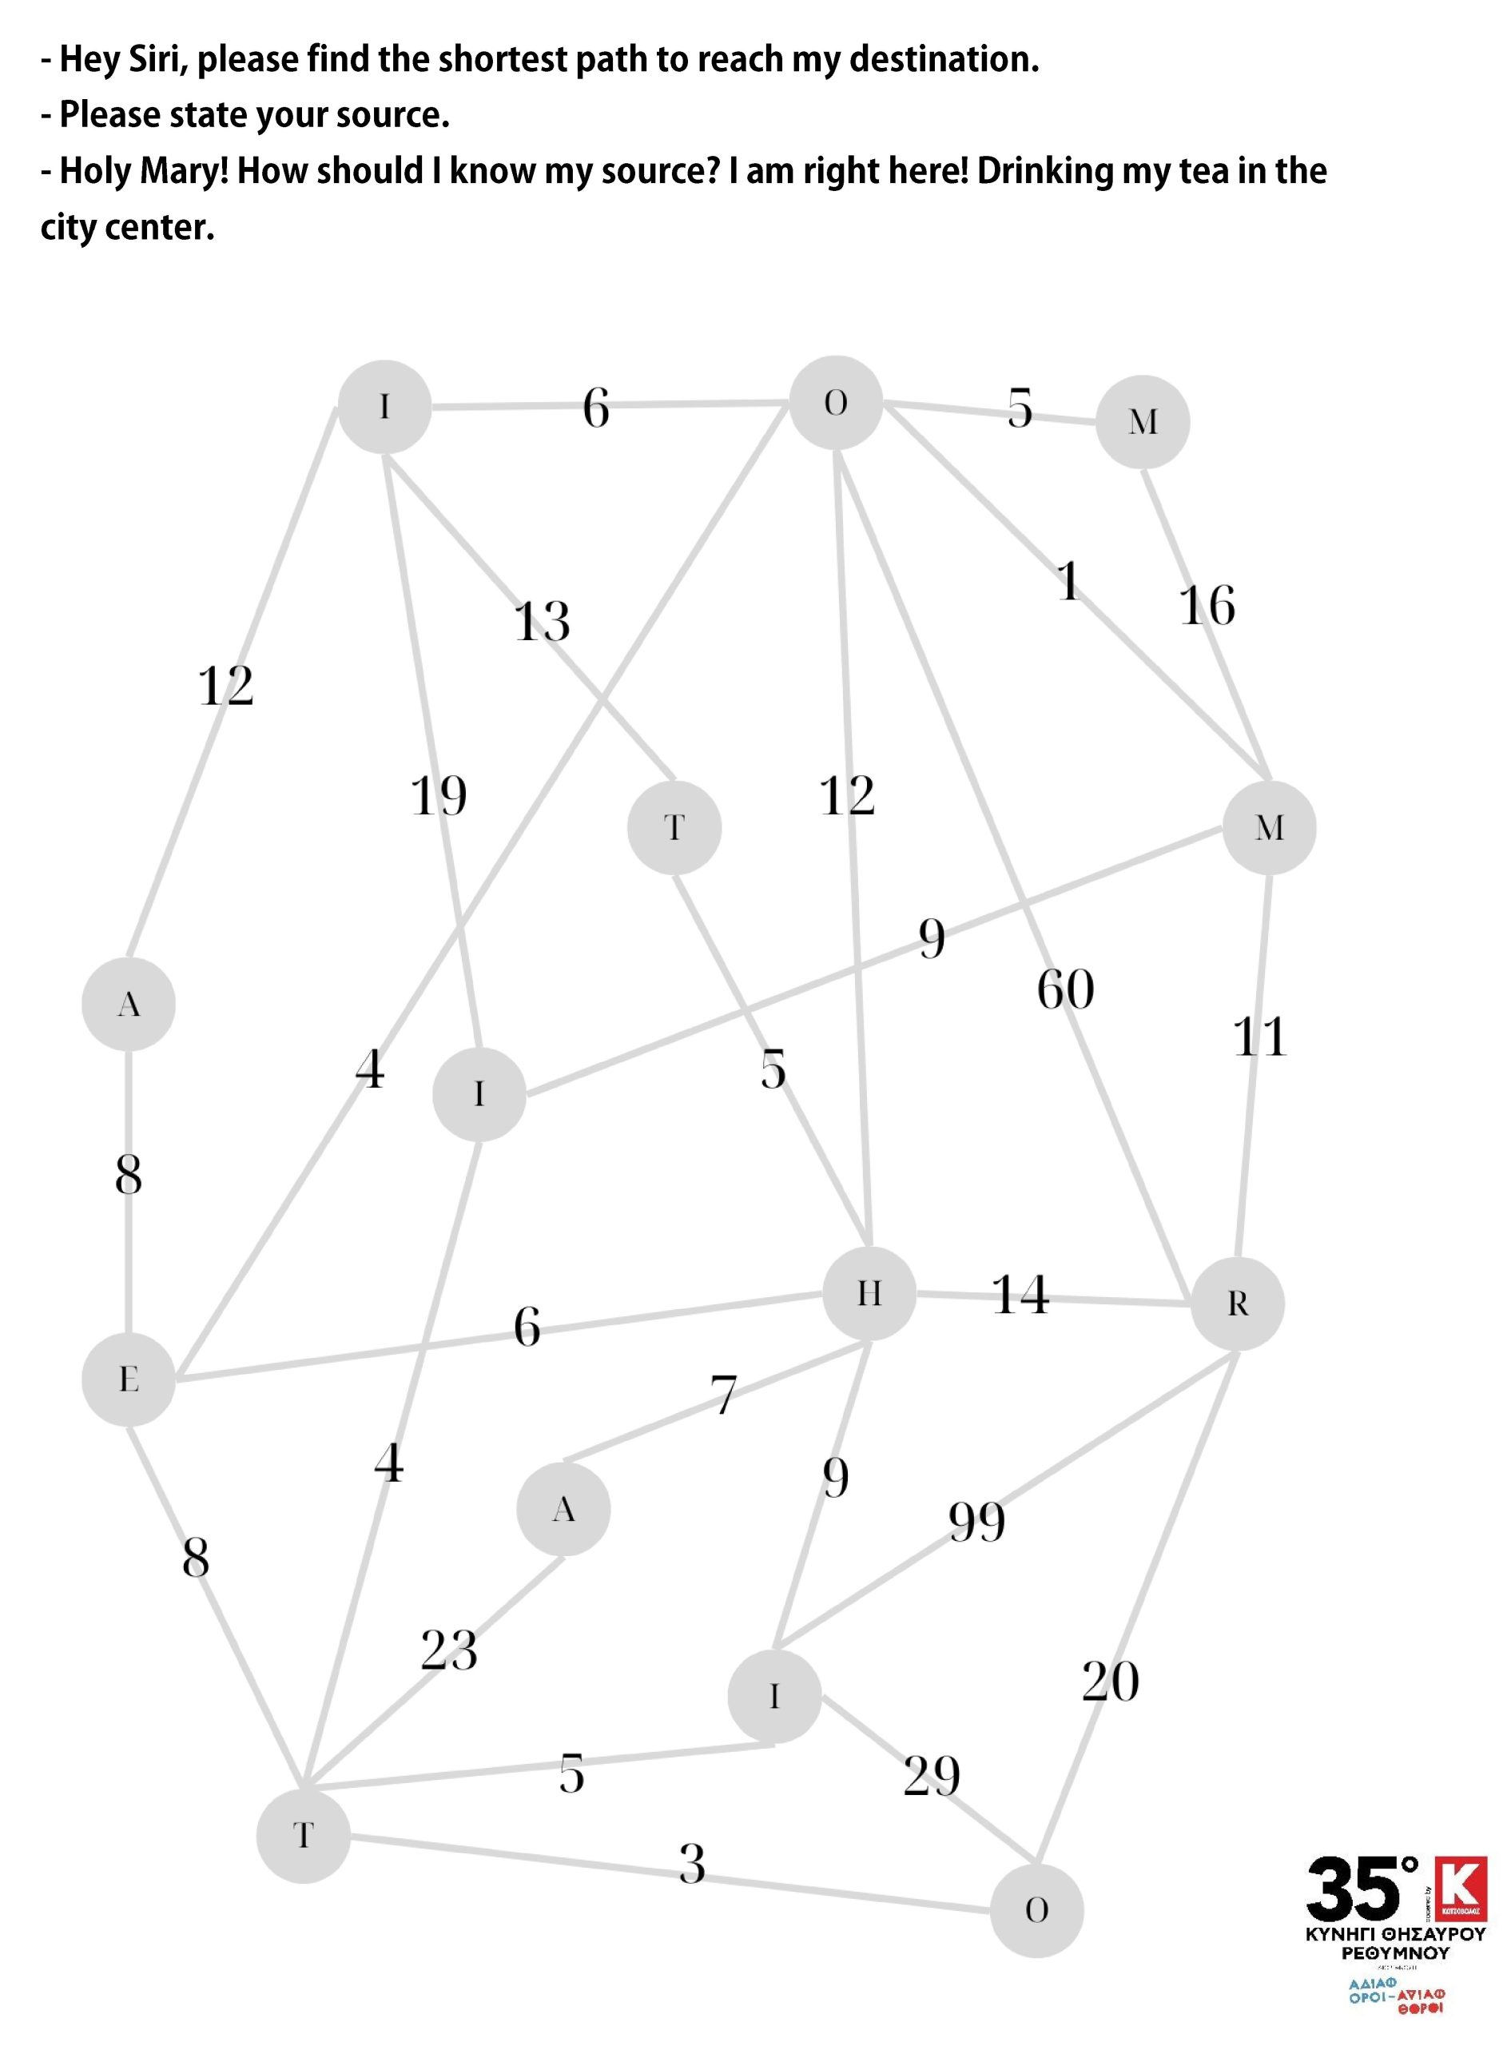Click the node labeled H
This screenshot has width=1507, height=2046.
[x=869, y=1293]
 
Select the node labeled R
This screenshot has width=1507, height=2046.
[x=1237, y=1304]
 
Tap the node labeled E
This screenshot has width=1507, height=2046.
[x=129, y=1379]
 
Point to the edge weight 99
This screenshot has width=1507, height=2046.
[x=976, y=1522]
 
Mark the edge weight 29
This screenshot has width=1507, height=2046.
[x=932, y=1775]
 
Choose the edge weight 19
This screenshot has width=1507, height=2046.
[x=438, y=795]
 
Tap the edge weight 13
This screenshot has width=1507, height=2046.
[x=542, y=621]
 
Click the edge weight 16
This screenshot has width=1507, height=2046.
[x=1207, y=605]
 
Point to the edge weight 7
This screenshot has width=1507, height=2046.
[x=723, y=1395]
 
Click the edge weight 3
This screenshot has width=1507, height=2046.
[x=693, y=1864]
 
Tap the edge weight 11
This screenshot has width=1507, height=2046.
[x=1260, y=1037]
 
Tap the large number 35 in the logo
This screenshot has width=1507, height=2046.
[x=1353, y=1889]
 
